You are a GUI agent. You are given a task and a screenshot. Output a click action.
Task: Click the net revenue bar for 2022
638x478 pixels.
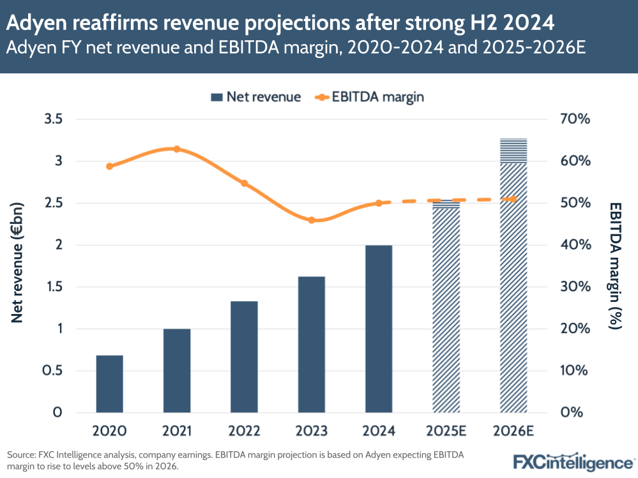click(x=244, y=357)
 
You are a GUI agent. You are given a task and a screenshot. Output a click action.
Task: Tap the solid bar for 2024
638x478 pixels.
click(x=379, y=329)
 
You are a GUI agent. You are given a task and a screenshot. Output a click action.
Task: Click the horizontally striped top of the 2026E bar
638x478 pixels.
click(x=513, y=150)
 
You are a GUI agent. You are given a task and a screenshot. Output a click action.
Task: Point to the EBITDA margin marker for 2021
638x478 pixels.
click(x=177, y=149)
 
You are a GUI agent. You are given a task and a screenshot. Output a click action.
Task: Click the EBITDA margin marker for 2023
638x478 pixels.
click(x=312, y=220)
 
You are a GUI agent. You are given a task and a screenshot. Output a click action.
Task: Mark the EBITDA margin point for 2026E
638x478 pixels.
click(x=513, y=199)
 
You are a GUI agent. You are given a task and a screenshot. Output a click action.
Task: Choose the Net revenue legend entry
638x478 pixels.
click(x=255, y=97)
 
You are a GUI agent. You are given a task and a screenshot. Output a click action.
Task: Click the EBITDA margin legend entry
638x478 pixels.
click(x=370, y=97)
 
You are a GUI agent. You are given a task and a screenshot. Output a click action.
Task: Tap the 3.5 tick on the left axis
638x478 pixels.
click(x=54, y=119)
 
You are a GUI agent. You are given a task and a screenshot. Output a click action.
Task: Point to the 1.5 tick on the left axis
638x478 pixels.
click(x=54, y=287)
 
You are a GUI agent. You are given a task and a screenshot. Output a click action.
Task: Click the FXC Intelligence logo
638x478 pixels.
click(x=572, y=461)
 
